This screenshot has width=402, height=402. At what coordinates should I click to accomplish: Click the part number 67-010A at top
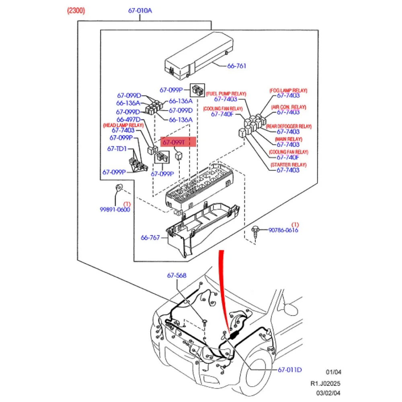140,11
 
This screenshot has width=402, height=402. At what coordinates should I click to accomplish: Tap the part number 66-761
236,66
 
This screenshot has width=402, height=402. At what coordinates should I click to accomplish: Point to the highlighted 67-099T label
178,142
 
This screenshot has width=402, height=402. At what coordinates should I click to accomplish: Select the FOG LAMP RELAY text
288,91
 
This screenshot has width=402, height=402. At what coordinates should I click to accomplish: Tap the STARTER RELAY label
288,165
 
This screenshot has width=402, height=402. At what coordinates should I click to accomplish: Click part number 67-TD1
117,149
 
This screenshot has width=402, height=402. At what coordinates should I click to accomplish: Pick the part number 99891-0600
115,209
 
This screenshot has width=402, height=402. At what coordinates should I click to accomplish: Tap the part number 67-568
177,275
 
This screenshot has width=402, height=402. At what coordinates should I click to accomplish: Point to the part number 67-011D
289,369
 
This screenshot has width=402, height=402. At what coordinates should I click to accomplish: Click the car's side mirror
290,309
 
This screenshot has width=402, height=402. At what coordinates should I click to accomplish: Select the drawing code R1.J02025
325,384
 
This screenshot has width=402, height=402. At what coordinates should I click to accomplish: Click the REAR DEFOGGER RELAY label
288,126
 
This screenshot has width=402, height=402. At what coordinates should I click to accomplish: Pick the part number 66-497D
128,119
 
